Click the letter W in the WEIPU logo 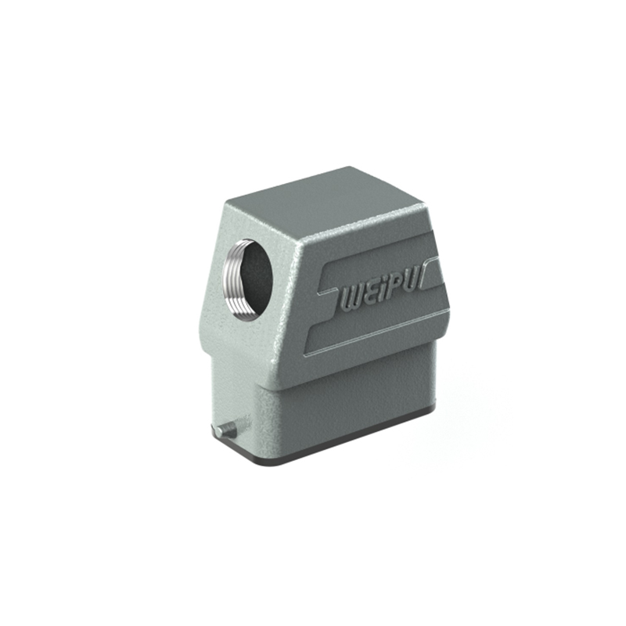[352, 299]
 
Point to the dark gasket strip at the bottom [344, 455]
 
